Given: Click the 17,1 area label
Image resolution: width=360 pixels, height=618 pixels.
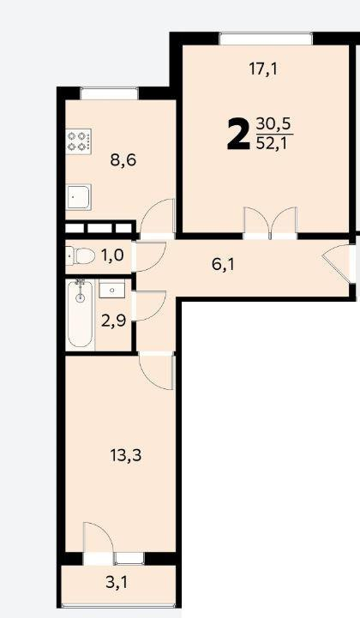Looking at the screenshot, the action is (263, 69).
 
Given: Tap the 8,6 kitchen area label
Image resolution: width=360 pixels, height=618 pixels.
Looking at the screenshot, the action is (123, 161).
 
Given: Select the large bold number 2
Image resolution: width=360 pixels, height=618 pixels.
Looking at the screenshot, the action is (238, 135).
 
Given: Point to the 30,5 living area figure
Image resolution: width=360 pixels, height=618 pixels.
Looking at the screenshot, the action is (273, 124).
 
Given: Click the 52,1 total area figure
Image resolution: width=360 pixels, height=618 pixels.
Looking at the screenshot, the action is (272, 143).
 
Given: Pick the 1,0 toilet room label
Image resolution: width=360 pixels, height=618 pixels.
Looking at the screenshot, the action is (112, 255).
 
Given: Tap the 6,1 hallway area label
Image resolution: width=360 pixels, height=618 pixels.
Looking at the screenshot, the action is (223, 265).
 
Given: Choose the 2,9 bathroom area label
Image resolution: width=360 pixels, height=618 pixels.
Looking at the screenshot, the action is (113, 321).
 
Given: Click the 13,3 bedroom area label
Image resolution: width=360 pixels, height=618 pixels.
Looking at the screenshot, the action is (126, 456).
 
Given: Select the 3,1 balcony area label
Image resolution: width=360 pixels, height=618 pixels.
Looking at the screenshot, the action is (117, 583).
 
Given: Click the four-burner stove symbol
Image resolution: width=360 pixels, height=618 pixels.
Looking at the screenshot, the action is (79, 141).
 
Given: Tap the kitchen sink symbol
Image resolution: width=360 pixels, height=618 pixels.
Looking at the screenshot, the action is (79, 197).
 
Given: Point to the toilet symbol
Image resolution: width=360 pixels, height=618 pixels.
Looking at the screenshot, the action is (81, 256).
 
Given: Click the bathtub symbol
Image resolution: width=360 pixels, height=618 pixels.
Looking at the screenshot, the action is (81, 314).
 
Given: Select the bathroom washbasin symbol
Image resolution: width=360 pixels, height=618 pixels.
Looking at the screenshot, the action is (112, 289).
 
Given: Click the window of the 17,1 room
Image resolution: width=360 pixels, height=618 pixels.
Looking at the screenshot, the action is (267, 39).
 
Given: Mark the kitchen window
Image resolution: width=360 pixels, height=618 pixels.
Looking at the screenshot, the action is (109, 93).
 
